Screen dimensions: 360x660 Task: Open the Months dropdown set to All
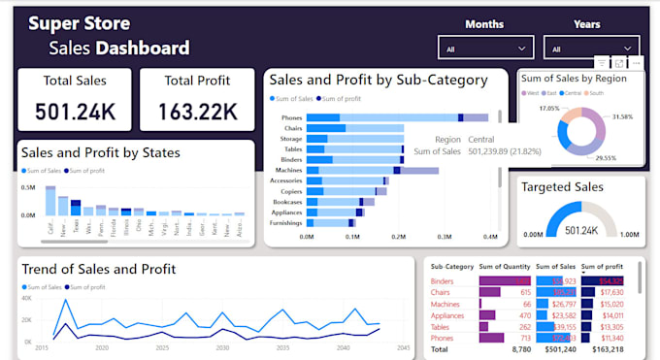click(484, 48)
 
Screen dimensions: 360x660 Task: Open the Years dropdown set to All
click(590, 48)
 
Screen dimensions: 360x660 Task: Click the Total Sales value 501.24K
click(76, 111)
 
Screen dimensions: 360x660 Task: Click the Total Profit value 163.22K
click(198, 111)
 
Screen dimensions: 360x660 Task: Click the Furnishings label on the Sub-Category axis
click(284, 222)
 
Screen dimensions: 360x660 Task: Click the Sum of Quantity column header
click(504, 265)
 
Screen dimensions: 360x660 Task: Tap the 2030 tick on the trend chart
click(222, 346)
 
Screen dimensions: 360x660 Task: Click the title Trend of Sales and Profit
click(98, 269)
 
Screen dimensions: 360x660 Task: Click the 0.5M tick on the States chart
click(27, 188)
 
